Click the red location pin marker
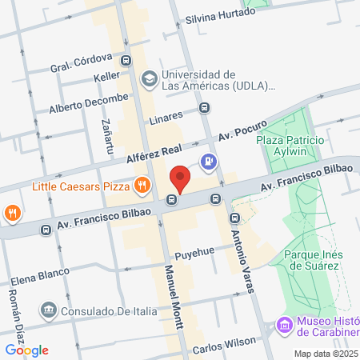coord(180,178)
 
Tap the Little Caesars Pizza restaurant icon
coord(142,186)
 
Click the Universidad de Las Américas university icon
coord(148,78)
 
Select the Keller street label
coord(106,77)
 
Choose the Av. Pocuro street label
coord(242,132)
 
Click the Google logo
coord(27,350)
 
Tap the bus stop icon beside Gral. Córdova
coord(126,60)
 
